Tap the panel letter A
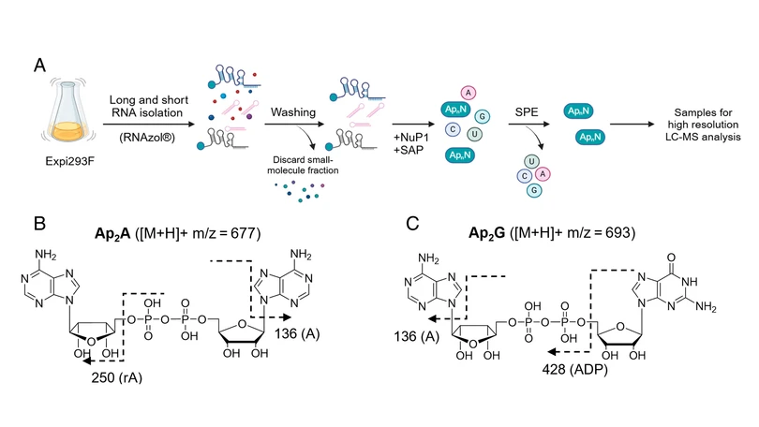click(39, 66)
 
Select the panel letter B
click(39, 224)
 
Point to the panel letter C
click(412, 224)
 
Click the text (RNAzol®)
click(147, 138)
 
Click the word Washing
click(293, 112)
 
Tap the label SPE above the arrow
click(527, 112)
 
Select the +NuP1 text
click(411, 138)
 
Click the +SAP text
click(409, 151)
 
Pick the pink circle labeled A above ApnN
click(469, 93)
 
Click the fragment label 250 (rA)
click(116, 377)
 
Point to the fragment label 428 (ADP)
click(575, 370)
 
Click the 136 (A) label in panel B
click(297, 333)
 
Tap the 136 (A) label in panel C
click(417, 336)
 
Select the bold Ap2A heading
click(112, 234)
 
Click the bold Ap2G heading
click(487, 233)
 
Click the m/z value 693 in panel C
click(618, 232)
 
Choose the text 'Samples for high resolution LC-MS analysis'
click(703, 125)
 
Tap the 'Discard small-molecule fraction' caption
click(303, 165)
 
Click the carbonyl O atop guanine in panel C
click(671, 258)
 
